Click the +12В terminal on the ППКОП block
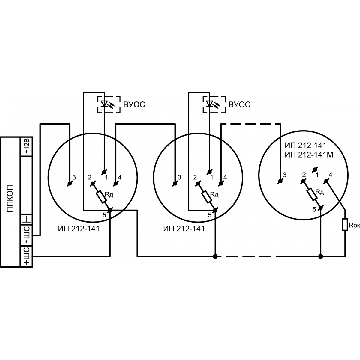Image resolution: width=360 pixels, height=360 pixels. pos(26,147)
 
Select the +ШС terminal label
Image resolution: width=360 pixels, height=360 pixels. pos(26,256)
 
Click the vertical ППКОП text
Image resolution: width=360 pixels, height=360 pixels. pos(10,198)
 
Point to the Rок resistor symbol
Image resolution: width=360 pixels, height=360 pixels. pos(345,225)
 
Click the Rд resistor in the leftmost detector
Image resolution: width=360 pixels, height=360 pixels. pos(101,197)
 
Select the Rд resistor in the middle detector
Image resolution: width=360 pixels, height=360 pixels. pos(207,197)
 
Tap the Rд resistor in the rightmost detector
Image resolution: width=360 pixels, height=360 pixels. pos(312,194)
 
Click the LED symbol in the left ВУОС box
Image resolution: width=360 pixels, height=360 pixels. pos(104,104)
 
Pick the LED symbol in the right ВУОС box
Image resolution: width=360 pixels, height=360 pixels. pos(209,104)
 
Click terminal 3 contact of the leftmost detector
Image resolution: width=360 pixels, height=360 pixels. pos(70,184)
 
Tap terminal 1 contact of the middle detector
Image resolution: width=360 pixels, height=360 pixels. pos(209,172)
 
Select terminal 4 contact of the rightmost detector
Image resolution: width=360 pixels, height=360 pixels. pos(326,181)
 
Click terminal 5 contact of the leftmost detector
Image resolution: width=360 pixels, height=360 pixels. pos(110,210)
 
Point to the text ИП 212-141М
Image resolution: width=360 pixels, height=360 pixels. pos(309,155)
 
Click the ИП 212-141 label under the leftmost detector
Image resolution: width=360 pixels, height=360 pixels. pos(79,229)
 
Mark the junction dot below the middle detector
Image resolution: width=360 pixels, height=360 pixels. pos(215,256)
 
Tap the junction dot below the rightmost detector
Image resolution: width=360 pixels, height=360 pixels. pos(321,256)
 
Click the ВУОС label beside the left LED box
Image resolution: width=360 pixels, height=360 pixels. pos(134,104)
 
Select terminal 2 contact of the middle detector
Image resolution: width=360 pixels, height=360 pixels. pos(198,184)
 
